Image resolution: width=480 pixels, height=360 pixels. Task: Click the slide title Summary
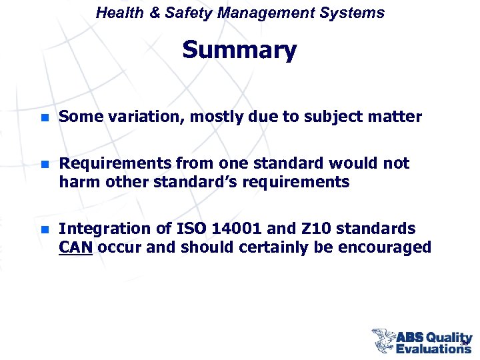click(239, 50)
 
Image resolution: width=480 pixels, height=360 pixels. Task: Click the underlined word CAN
click(75, 247)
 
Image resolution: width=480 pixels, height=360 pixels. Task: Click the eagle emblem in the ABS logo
click(384, 339)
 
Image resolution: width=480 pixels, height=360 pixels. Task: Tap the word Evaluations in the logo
click(433, 347)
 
